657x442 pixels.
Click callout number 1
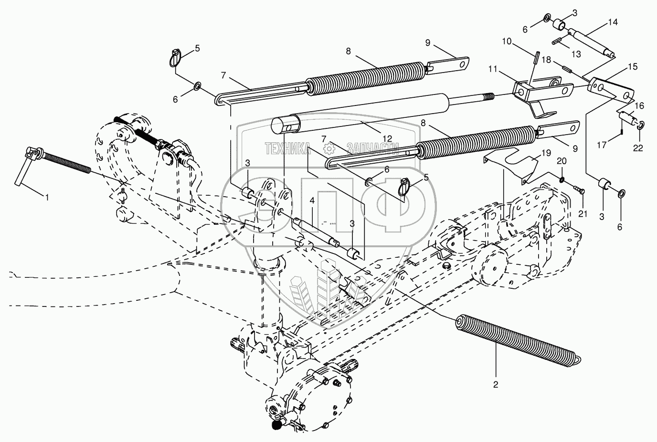point(47,198)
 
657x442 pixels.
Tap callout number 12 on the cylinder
point(387,138)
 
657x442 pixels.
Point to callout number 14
point(613,22)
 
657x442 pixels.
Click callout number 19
point(546,153)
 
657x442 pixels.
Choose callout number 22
point(637,148)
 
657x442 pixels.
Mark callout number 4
point(312,200)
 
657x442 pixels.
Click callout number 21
point(583,214)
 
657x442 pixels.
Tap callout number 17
point(602,145)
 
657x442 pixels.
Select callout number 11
point(493,69)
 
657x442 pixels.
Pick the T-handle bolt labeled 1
point(53,167)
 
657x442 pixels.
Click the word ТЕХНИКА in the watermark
point(287,148)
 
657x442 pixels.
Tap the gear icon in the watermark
point(329,148)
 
